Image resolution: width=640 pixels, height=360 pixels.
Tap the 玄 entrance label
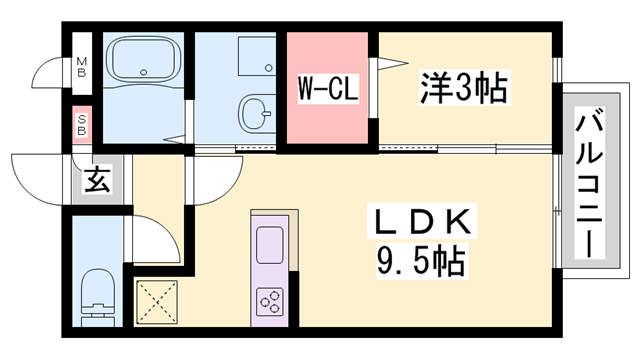tap(97, 181)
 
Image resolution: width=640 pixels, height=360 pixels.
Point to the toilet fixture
tap(98, 289)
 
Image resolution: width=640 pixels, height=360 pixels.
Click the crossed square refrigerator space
tap(156, 299)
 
